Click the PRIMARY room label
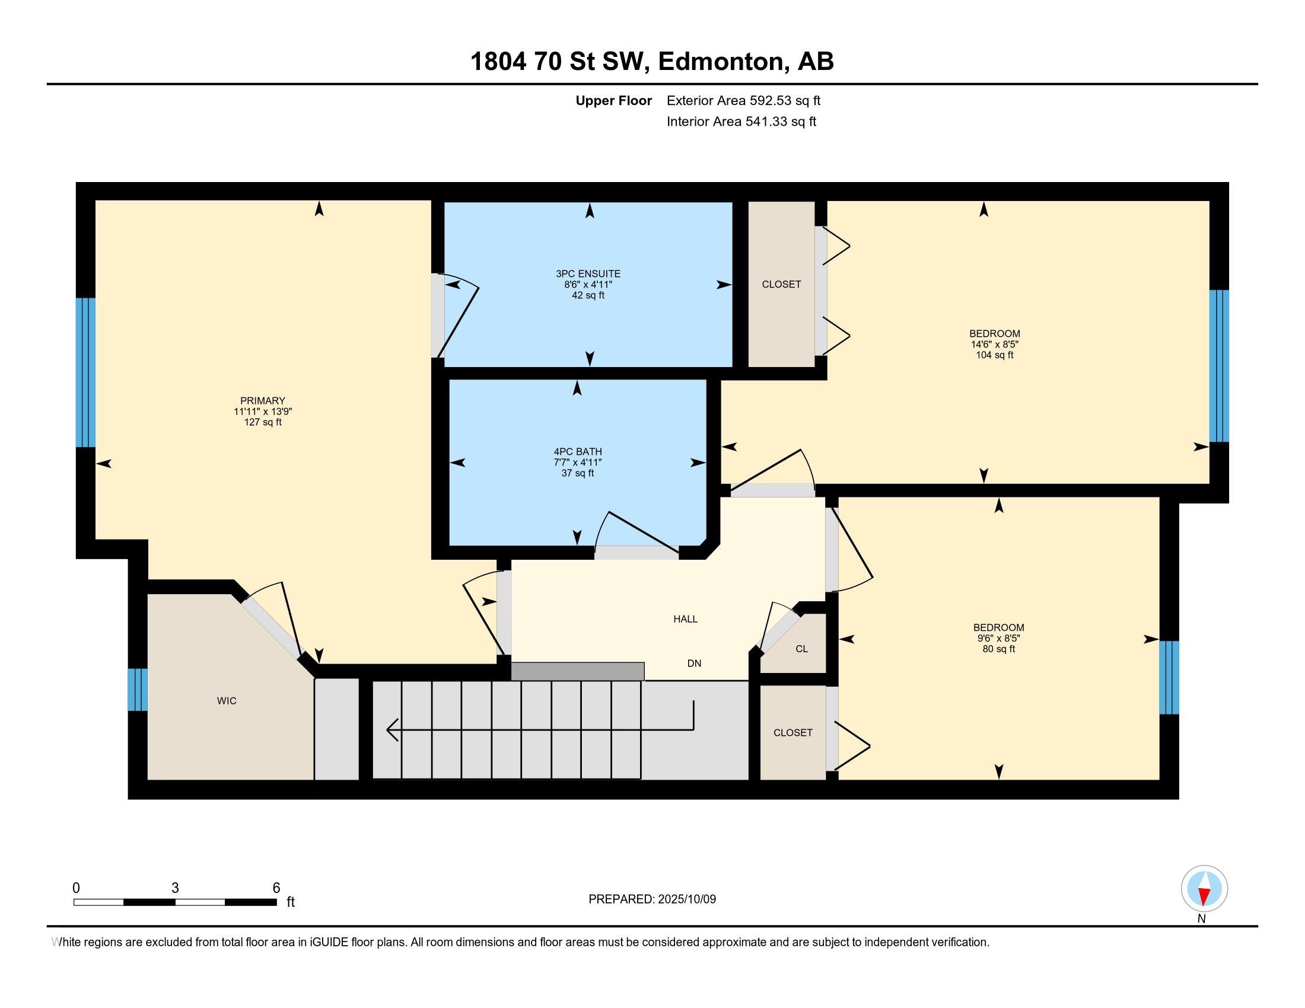coord(262,401)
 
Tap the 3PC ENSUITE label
coord(588,274)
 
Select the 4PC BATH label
coord(577,452)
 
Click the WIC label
coord(227,701)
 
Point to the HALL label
coord(685,619)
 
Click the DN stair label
coord(694,664)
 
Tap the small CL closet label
coord(802,649)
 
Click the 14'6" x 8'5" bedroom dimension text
coord(994,344)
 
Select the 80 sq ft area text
coord(998,649)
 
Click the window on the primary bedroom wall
coord(85,372)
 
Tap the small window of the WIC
coord(138,690)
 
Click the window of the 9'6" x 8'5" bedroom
coord(1169,678)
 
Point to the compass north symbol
coord(1204,889)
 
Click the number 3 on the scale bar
coord(175,888)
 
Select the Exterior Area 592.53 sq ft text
coord(743,100)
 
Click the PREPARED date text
coord(652,899)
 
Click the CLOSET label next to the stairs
coord(793,733)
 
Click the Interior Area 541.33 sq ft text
coord(741,122)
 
